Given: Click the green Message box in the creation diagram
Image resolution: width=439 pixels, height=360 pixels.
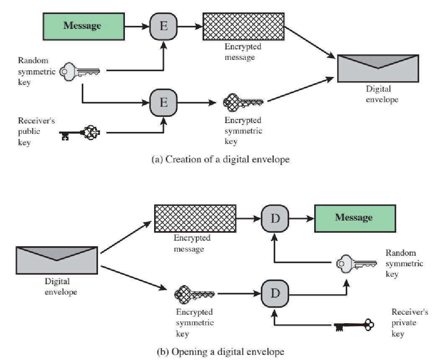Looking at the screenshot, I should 83,26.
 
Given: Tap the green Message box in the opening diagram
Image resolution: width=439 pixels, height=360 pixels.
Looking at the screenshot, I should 354,218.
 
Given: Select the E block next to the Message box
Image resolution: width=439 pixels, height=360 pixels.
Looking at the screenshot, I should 163,26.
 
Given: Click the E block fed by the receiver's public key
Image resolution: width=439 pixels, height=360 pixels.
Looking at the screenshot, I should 163,102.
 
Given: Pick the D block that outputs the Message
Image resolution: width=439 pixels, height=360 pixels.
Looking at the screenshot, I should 274,218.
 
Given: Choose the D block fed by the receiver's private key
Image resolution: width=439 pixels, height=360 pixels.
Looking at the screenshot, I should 274,293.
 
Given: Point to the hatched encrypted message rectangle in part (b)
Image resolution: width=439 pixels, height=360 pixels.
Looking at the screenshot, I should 195,219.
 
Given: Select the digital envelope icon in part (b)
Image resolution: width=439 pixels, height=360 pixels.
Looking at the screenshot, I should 57,260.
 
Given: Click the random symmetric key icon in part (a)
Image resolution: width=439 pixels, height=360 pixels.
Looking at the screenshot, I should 80,71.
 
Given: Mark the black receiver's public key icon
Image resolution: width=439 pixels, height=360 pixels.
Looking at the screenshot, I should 80,134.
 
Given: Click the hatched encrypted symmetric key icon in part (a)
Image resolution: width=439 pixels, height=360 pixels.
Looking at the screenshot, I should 243,102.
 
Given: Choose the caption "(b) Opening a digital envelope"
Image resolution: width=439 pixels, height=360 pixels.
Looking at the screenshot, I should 219,352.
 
